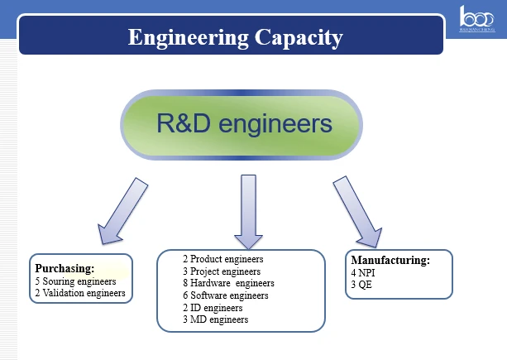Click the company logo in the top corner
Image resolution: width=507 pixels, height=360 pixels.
click(x=477, y=19)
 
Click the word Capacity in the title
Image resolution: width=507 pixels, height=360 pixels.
click(x=299, y=38)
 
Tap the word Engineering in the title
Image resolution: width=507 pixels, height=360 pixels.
click(x=189, y=38)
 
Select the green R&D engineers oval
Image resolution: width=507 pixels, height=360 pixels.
click(x=242, y=125)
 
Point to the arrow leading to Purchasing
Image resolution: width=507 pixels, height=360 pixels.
click(x=123, y=211)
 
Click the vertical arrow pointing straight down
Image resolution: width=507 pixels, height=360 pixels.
click(x=248, y=212)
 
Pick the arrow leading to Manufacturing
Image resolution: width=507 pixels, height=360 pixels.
click(x=357, y=212)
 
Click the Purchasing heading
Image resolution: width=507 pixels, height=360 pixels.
click(x=65, y=268)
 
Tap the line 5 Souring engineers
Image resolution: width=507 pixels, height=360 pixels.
click(x=75, y=281)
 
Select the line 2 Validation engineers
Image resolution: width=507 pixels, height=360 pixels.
click(x=80, y=293)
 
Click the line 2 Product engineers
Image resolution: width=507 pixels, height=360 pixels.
click(x=223, y=259)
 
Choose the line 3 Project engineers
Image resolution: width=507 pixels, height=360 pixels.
click(x=222, y=271)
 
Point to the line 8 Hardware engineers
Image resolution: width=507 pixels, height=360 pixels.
click(x=228, y=283)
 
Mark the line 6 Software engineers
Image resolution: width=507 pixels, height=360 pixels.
click(x=226, y=295)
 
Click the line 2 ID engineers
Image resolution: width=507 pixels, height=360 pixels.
click(x=213, y=308)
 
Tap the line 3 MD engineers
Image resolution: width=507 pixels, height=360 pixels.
click(x=216, y=319)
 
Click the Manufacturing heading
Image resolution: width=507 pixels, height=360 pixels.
click(x=390, y=261)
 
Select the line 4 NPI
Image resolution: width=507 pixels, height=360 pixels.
click(x=363, y=273)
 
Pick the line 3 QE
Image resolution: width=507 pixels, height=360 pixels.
click(x=361, y=285)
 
